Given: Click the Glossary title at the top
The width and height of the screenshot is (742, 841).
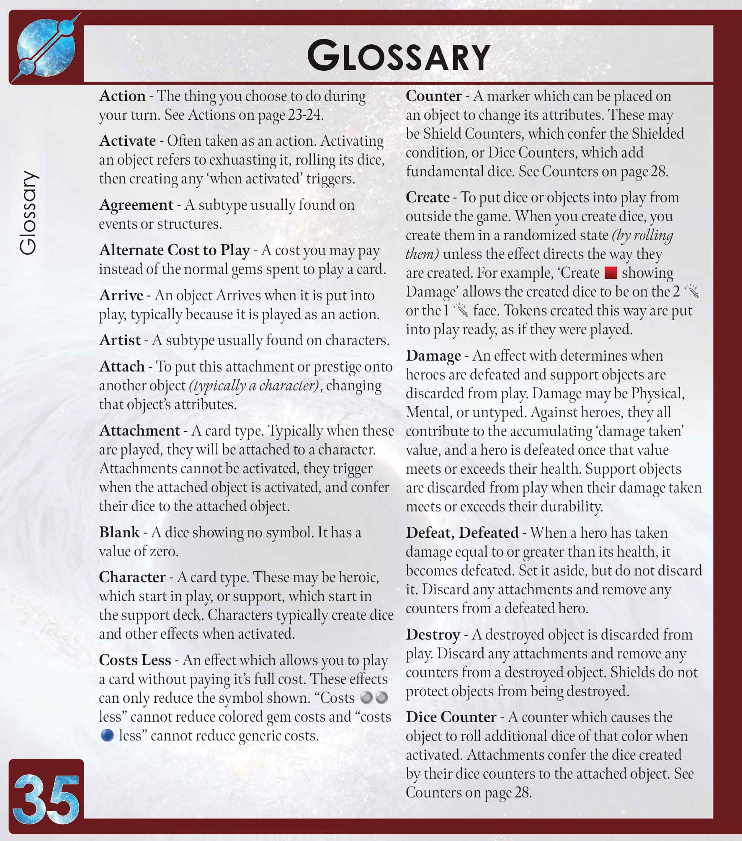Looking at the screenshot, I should [398, 56].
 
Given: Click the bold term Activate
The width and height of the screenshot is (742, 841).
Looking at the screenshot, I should [127, 141].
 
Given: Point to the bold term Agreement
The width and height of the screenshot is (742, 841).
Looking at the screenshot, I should [136, 205].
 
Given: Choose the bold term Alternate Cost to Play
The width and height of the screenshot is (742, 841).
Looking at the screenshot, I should [174, 250].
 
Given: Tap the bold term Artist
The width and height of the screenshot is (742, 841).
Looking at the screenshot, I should [120, 340].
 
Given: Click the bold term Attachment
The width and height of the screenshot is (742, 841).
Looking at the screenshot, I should [139, 431].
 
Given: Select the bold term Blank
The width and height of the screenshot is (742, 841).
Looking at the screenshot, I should [119, 532].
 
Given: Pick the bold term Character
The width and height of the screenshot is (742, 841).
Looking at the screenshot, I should [132, 577].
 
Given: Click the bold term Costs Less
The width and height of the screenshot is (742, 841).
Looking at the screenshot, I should [135, 660].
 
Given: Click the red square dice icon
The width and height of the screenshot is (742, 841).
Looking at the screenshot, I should [611, 273].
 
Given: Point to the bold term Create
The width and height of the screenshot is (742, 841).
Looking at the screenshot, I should [428, 197].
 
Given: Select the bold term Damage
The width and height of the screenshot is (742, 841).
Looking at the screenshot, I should [433, 356].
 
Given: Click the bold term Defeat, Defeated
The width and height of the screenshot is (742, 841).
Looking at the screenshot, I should [462, 533].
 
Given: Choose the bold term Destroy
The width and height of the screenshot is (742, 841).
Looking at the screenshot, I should [433, 635].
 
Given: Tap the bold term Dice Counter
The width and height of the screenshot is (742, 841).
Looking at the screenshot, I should [451, 717].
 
